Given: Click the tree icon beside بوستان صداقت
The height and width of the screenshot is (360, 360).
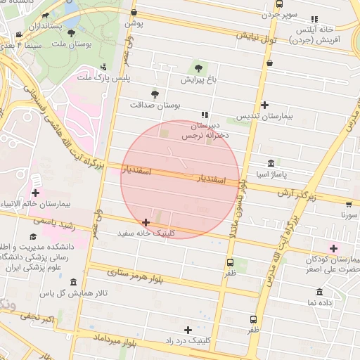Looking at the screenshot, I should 155,94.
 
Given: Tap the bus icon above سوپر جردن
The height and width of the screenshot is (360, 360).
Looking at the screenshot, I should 280,4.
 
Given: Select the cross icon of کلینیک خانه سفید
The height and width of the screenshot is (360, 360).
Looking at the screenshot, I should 146,222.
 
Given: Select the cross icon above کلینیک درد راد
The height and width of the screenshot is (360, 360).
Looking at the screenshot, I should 188,330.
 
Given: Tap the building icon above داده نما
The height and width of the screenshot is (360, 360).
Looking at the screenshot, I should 320,292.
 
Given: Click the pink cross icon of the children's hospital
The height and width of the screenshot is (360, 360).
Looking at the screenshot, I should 333,247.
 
